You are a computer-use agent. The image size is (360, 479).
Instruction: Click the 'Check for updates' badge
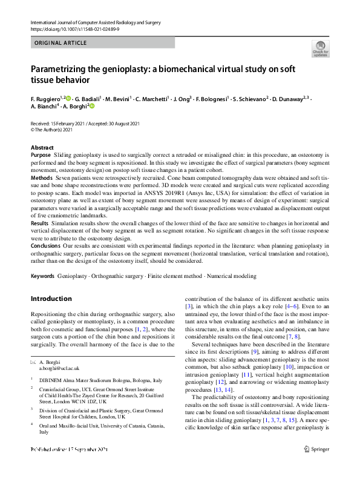(x=320, y=49)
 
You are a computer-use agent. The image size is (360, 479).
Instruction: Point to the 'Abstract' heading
(x=42, y=148)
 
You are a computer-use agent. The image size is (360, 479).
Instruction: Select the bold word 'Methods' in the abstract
(x=41, y=179)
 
